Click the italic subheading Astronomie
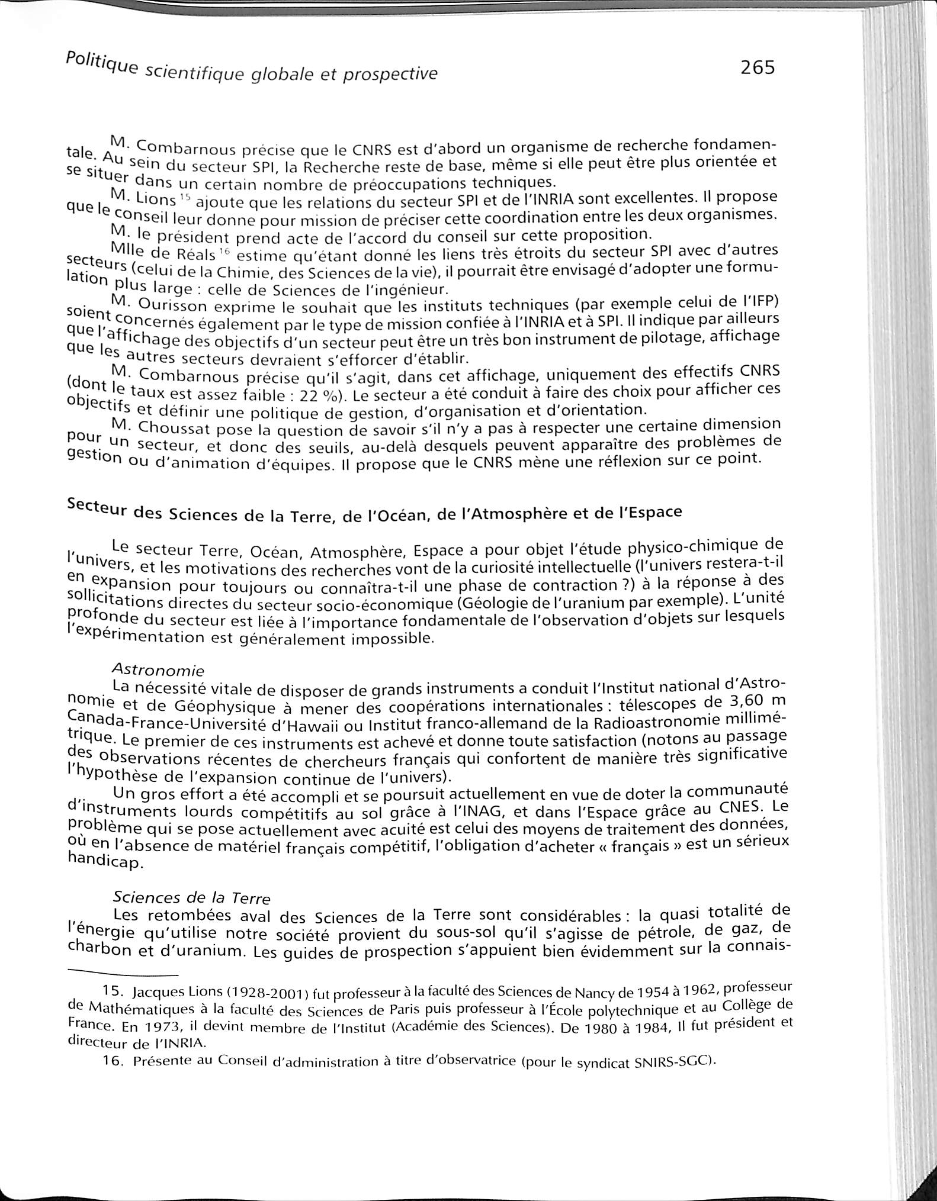pyautogui.click(x=158, y=670)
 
